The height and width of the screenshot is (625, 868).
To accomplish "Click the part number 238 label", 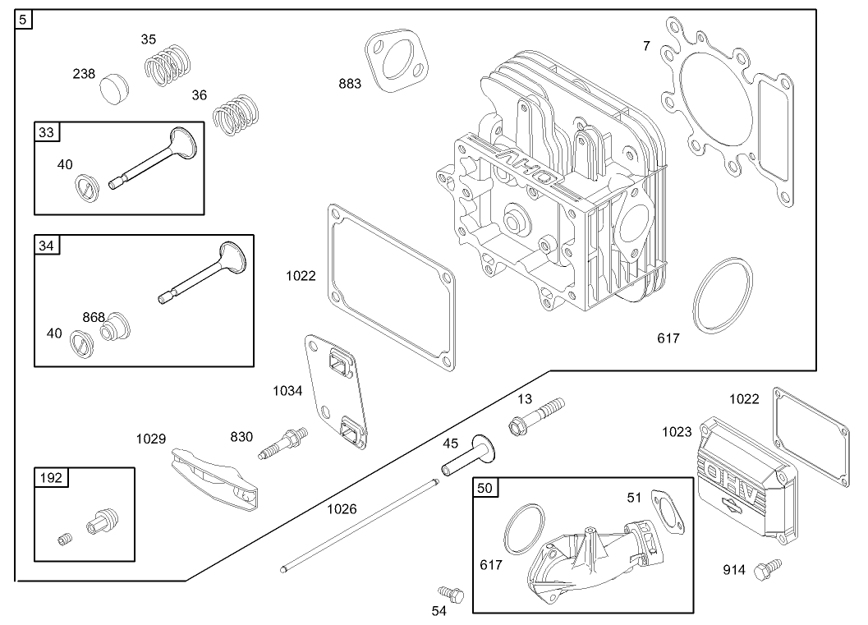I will point(85,73).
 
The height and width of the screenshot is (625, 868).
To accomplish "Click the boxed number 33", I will point(45,131).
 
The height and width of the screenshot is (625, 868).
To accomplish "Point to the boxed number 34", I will point(45,245).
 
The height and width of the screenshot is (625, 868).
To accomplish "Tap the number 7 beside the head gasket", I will point(646,46).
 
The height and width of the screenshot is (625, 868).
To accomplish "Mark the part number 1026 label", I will point(342,509).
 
